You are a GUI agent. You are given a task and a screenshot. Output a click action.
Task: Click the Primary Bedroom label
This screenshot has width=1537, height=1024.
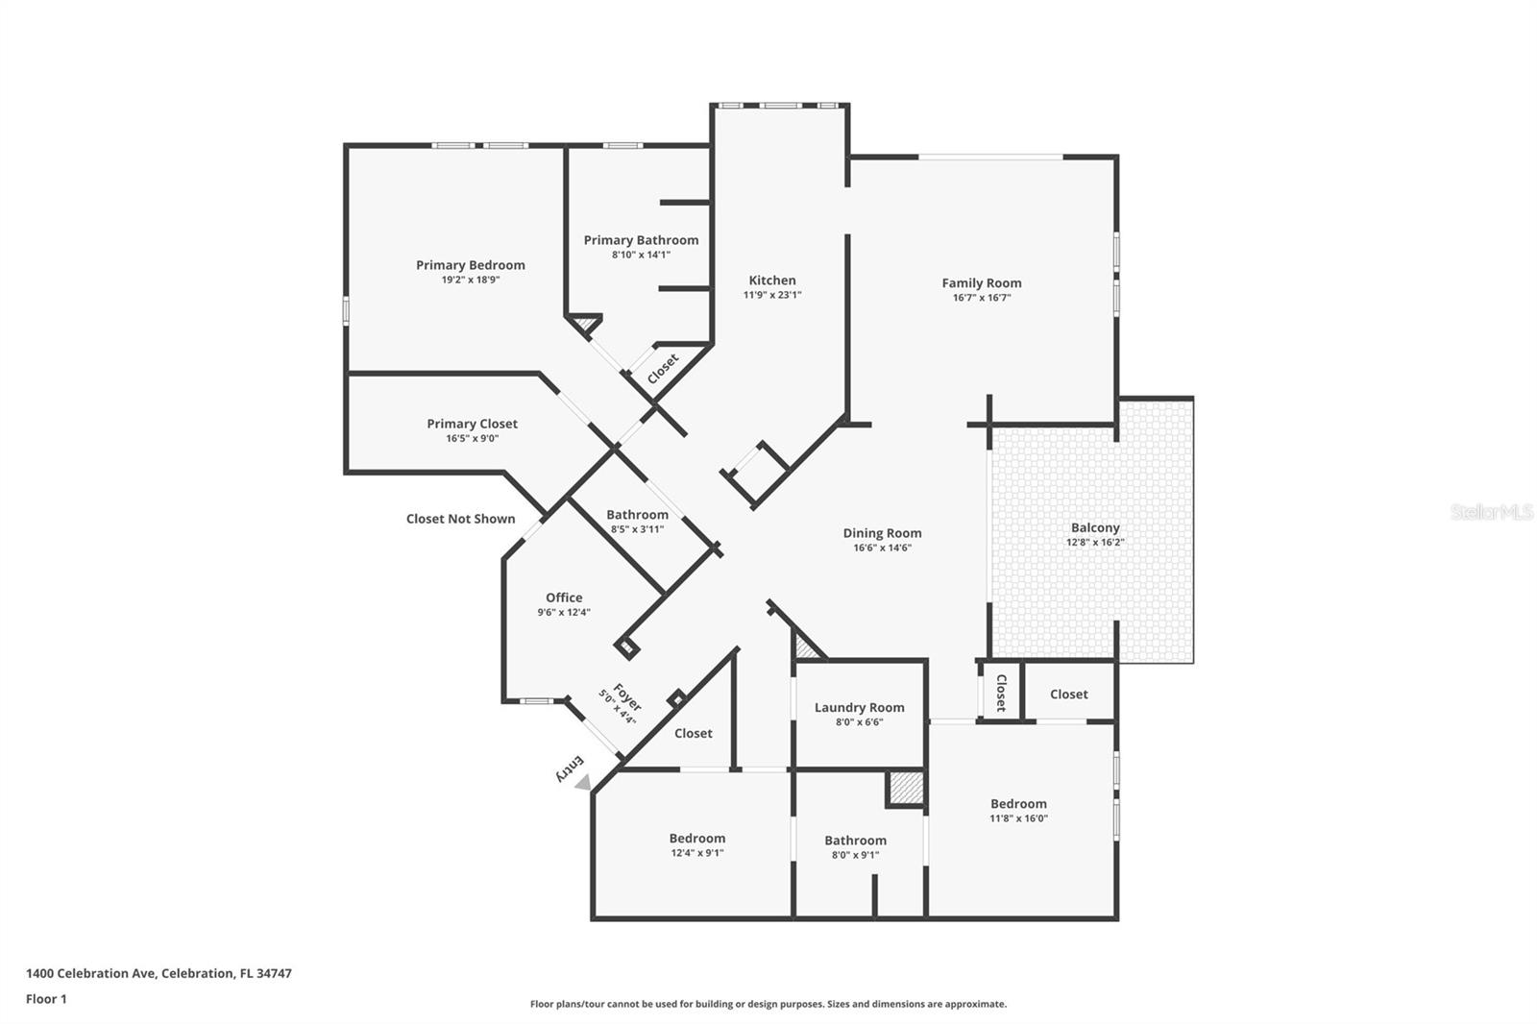click(x=470, y=265)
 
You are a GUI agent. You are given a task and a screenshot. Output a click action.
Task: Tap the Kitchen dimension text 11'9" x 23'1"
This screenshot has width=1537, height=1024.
click(x=771, y=295)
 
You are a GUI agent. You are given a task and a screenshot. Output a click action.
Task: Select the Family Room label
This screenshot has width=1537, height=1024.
click(x=981, y=282)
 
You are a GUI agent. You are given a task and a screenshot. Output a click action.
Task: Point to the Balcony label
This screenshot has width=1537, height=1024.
click(x=1095, y=527)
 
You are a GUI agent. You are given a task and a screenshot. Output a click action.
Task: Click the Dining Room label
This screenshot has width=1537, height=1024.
click(x=882, y=533)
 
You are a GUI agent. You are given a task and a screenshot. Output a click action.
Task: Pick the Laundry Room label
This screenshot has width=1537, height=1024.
click(x=859, y=707)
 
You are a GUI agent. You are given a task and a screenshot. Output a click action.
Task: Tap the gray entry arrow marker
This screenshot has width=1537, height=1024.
click(x=583, y=783)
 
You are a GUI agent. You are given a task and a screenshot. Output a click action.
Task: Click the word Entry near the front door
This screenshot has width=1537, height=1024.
click(x=570, y=768)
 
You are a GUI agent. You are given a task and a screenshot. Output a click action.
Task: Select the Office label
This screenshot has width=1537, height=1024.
click(x=564, y=597)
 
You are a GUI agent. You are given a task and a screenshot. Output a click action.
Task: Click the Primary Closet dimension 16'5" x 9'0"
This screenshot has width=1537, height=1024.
click(x=472, y=438)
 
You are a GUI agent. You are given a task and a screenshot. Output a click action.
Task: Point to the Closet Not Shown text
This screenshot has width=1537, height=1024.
click(x=460, y=519)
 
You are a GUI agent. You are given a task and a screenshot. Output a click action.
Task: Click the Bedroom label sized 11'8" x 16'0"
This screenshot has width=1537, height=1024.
click(x=1018, y=804)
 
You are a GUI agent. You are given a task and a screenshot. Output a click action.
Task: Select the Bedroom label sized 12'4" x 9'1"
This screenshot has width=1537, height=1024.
click(x=696, y=839)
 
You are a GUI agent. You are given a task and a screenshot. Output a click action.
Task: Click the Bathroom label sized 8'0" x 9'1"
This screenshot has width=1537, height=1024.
click(x=855, y=841)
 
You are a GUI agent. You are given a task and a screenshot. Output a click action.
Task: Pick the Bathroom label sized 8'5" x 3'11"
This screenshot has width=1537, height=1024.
click(x=637, y=515)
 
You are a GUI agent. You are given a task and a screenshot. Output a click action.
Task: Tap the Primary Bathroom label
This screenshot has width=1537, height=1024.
click(x=641, y=240)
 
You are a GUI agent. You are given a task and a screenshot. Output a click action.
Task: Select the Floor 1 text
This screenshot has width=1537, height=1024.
click(x=46, y=999)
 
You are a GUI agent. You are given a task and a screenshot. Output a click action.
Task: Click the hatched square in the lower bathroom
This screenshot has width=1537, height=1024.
click(x=905, y=788)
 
